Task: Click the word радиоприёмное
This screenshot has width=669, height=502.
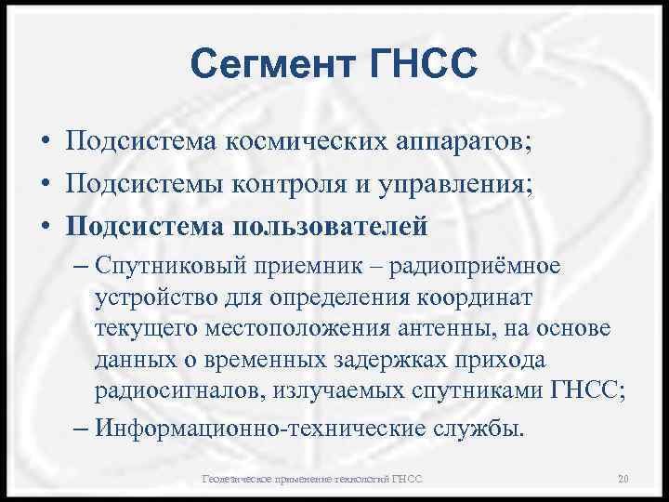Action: [475, 268]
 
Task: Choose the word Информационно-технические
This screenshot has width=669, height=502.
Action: [264, 429]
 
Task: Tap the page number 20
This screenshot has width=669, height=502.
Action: [623, 479]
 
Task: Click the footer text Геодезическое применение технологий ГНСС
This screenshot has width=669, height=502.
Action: [312, 479]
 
